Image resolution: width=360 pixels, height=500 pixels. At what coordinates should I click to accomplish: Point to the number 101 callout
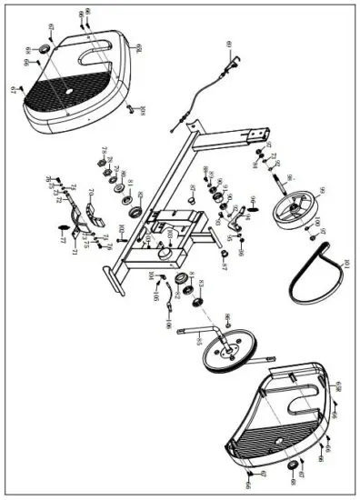345,265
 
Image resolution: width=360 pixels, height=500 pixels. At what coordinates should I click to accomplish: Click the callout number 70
91,192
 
